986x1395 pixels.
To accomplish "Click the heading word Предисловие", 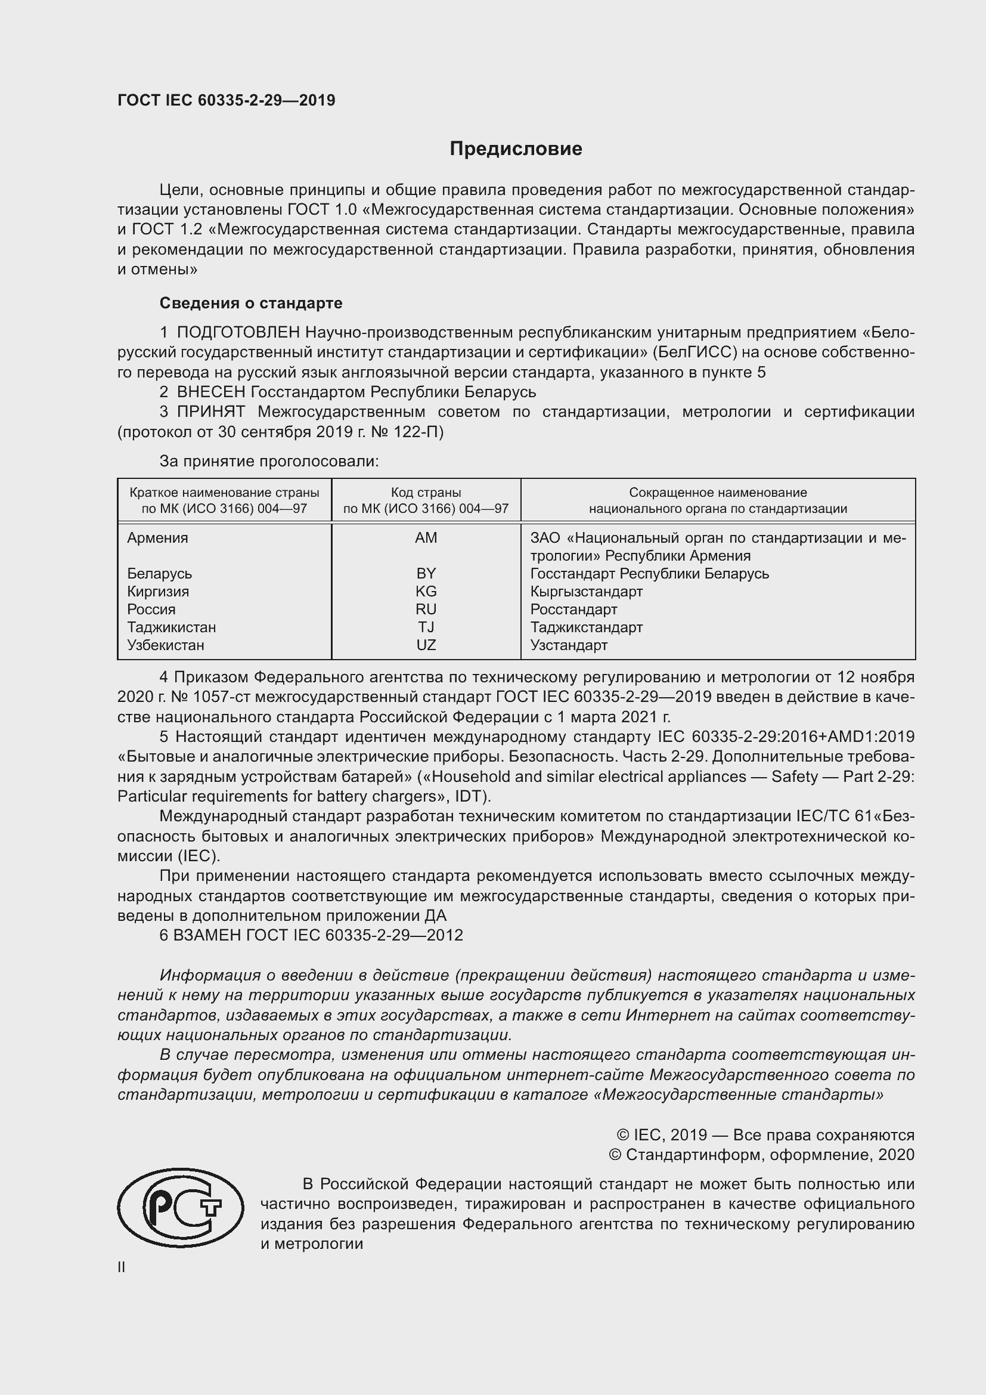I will click(x=516, y=149).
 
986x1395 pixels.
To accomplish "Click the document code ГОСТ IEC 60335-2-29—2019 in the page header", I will click(x=226, y=100).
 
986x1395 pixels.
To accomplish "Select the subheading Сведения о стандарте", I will click(x=251, y=302).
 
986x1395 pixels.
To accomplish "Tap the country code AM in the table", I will click(x=426, y=538).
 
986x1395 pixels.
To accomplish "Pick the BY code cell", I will click(x=426, y=574).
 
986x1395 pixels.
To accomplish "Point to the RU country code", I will click(x=426, y=609).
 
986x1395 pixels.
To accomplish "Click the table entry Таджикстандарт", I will click(x=586, y=627).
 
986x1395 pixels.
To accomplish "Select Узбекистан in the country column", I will click(x=165, y=645).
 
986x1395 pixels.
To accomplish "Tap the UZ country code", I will click(x=426, y=645).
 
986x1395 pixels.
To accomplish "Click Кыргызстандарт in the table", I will click(x=586, y=591).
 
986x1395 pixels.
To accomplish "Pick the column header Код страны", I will click(x=426, y=492).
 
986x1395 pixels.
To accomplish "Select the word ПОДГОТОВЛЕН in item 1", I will click(x=238, y=332).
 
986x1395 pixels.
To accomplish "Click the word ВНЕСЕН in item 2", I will click(x=210, y=392).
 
